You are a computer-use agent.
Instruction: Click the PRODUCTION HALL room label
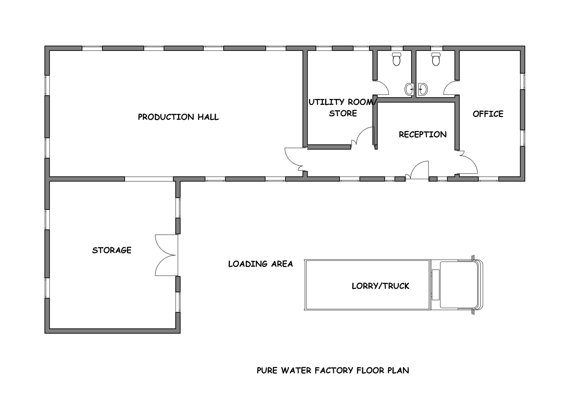coord(178,117)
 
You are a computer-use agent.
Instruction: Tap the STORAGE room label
coord(112,250)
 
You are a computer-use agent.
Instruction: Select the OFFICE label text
coord(488,114)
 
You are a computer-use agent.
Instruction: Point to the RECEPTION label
coord(423,134)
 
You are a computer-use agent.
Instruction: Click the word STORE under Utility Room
coord(343,113)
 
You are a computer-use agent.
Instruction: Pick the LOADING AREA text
coord(260,264)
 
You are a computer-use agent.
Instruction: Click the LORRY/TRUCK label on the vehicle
coord(380,286)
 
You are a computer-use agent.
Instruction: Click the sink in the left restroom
coord(409,89)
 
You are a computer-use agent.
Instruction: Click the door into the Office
coord(468,164)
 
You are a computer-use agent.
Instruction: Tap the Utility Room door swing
coord(365,136)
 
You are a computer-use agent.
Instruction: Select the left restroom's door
coord(381,88)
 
